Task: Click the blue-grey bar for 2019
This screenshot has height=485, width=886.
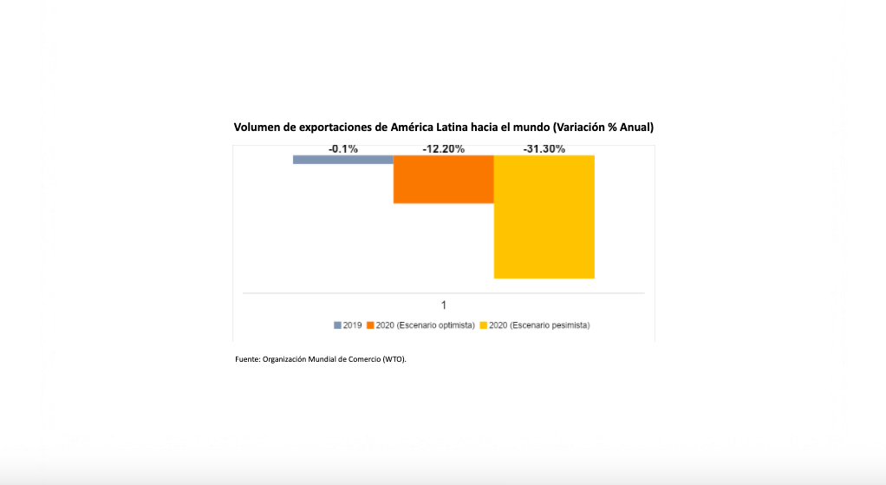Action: (343, 160)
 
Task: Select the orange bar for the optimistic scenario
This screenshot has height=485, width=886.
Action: (444, 180)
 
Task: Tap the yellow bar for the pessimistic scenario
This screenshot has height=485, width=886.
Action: (544, 217)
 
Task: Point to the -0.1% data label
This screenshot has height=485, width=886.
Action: (343, 149)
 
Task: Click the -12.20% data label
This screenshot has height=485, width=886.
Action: (444, 149)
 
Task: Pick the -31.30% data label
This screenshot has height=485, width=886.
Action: (544, 149)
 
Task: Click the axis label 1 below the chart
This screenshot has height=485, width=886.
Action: (444, 305)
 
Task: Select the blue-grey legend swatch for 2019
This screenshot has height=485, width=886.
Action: (337, 325)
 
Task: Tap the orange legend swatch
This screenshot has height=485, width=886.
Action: (370, 325)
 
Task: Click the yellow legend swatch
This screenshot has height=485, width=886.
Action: (483, 325)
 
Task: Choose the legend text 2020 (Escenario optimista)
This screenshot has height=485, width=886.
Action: (426, 325)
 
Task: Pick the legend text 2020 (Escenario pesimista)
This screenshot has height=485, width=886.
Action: (539, 325)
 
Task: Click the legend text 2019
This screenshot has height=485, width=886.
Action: (352, 325)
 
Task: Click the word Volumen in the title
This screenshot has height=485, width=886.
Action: (257, 128)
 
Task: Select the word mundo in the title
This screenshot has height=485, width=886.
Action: (531, 128)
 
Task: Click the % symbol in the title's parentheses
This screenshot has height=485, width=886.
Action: (612, 128)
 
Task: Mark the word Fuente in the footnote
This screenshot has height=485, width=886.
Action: (247, 359)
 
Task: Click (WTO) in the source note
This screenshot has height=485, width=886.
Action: (394, 359)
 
